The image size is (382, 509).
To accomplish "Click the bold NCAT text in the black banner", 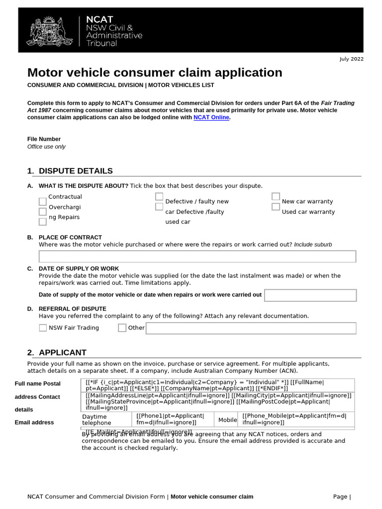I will [x=99, y=19].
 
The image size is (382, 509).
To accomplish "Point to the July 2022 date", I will [x=351, y=59].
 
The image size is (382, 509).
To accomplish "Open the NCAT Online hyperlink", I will [x=211, y=117].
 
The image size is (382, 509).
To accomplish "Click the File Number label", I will [x=44, y=139].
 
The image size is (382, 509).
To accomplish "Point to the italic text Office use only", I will [x=46, y=147].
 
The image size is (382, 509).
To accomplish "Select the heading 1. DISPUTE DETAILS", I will [x=70, y=171].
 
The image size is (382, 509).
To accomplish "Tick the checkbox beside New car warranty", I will [x=276, y=197].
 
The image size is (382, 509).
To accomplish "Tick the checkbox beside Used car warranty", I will [x=276, y=206].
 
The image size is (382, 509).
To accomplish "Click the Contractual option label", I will [x=65, y=197].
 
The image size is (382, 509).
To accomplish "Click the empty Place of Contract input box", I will [x=197, y=256].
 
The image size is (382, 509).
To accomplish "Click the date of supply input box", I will [x=310, y=295].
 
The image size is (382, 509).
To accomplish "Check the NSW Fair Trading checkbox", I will [x=43, y=328].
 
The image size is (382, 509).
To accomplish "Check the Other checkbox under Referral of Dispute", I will [x=122, y=328].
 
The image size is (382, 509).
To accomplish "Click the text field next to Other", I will [x=251, y=328].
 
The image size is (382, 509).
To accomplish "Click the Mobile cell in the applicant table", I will [x=228, y=420].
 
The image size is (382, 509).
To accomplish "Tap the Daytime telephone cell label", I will [x=96, y=420].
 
